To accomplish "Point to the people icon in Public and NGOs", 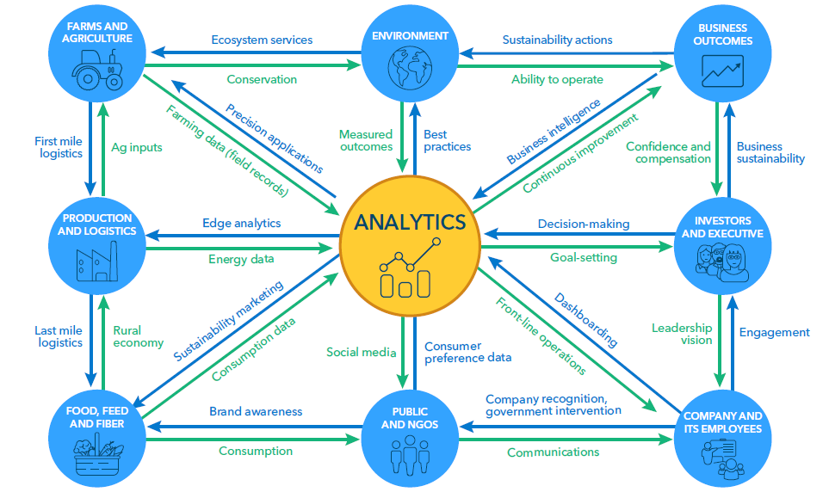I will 410,455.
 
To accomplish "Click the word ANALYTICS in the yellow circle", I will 410,222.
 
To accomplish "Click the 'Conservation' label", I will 262,79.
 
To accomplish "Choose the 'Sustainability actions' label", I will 557,40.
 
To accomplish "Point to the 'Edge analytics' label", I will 242,223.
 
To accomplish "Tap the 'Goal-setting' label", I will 584,257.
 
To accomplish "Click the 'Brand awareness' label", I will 256,411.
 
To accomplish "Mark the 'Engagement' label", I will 775,332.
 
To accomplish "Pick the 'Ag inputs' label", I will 137,147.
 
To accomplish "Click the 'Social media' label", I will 361,352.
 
